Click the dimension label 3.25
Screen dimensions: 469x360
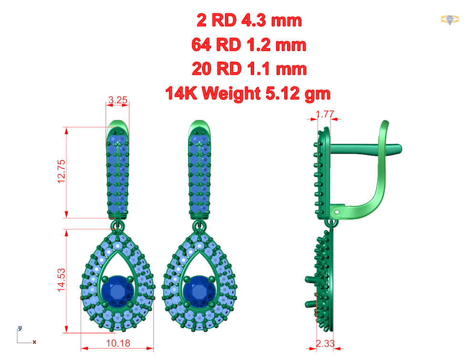[117, 100]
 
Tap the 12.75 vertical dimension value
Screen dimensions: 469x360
[61, 171]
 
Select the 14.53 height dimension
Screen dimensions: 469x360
[61, 280]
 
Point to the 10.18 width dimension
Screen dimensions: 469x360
[118, 343]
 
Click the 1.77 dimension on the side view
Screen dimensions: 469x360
[325, 114]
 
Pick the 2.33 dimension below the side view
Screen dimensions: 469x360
[325, 344]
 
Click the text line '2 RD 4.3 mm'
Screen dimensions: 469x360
[249, 21]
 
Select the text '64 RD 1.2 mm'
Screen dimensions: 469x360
[249, 45]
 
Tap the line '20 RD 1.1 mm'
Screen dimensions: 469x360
[249, 69]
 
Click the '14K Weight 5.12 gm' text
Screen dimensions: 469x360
[248, 93]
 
